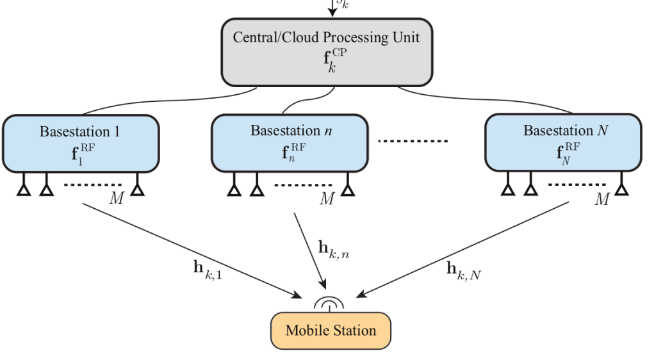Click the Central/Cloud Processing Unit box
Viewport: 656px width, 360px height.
click(x=327, y=52)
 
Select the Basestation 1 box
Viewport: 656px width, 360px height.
click(x=80, y=143)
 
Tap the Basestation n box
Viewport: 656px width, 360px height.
click(x=290, y=143)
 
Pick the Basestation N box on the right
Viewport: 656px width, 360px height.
click(x=563, y=143)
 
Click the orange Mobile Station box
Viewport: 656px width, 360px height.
click(x=331, y=331)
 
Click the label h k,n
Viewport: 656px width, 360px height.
click(x=334, y=249)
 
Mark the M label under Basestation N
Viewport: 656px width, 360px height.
click(x=601, y=200)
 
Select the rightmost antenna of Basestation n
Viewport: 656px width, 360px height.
click(x=348, y=188)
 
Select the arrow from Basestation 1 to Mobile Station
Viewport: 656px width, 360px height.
click(x=192, y=250)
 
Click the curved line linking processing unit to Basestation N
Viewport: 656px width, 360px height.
click(x=487, y=101)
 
